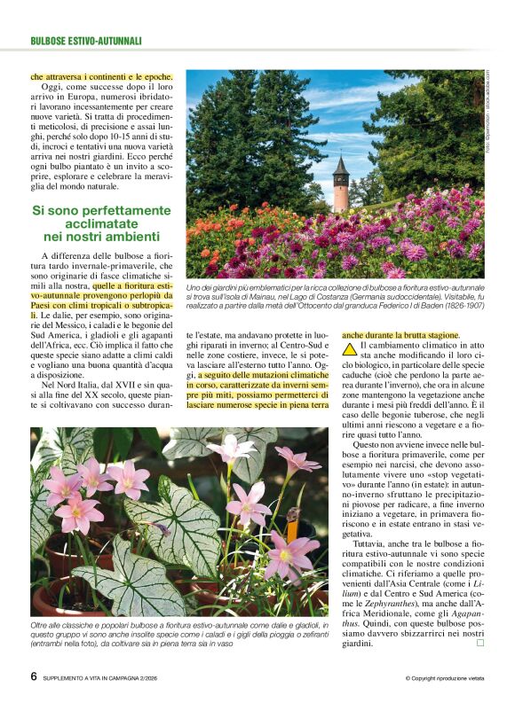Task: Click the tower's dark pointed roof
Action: [x=341, y=166]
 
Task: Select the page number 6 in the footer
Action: [x=33, y=676]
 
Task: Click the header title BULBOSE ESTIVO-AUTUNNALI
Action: [x=86, y=41]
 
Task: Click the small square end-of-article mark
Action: [x=480, y=643]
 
